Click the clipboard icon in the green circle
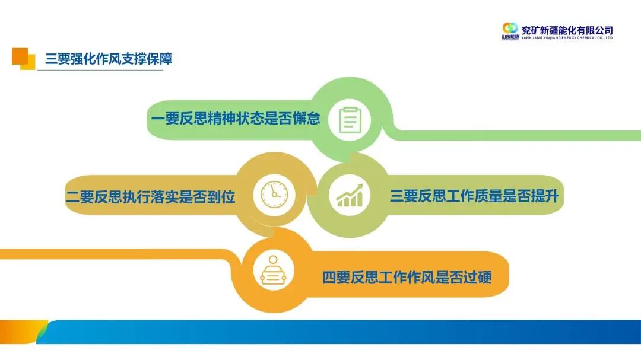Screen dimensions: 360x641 (x=351, y=120)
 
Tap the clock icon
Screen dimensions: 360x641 (x=274, y=194)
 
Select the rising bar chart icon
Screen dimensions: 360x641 (x=350, y=194)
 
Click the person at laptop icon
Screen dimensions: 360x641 (x=274, y=272)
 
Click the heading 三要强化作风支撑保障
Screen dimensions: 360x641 (x=109, y=59)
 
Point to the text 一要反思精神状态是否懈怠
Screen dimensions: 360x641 (x=236, y=119)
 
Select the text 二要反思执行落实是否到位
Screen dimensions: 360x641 (x=151, y=197)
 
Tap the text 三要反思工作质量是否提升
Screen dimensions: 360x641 (x=474, y=196)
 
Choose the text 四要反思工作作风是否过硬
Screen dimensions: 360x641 (x=407, y=277)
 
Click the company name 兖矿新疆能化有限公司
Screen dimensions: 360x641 (x=567, y=30)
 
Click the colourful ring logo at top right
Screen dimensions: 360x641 (x=510, y=28)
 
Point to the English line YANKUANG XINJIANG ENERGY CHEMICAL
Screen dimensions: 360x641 (x=567, y=38)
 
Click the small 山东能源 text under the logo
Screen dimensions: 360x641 (x=510, y=37)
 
